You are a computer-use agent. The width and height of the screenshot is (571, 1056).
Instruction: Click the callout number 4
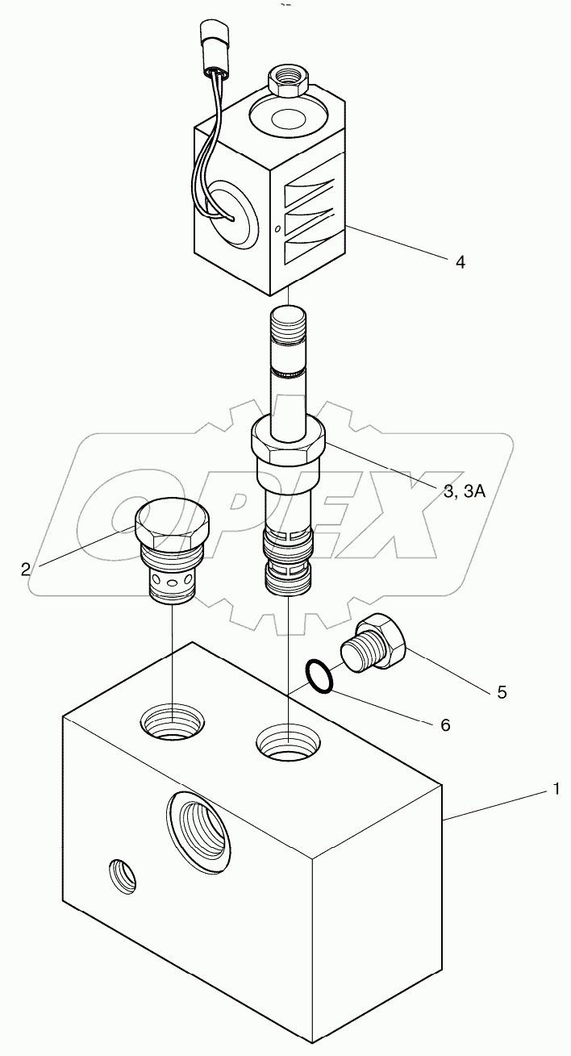tap(460, 261)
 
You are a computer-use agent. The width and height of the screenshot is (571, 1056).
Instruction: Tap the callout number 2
tap(26, 569)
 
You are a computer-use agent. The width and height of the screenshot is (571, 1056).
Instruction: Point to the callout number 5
tap(502, 691)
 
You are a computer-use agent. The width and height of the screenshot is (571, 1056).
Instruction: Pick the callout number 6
tap(444, 724)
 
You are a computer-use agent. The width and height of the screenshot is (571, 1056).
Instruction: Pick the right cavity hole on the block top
tap(289, 740)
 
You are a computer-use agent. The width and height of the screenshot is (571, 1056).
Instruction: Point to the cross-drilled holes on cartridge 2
tap(173, 581)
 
